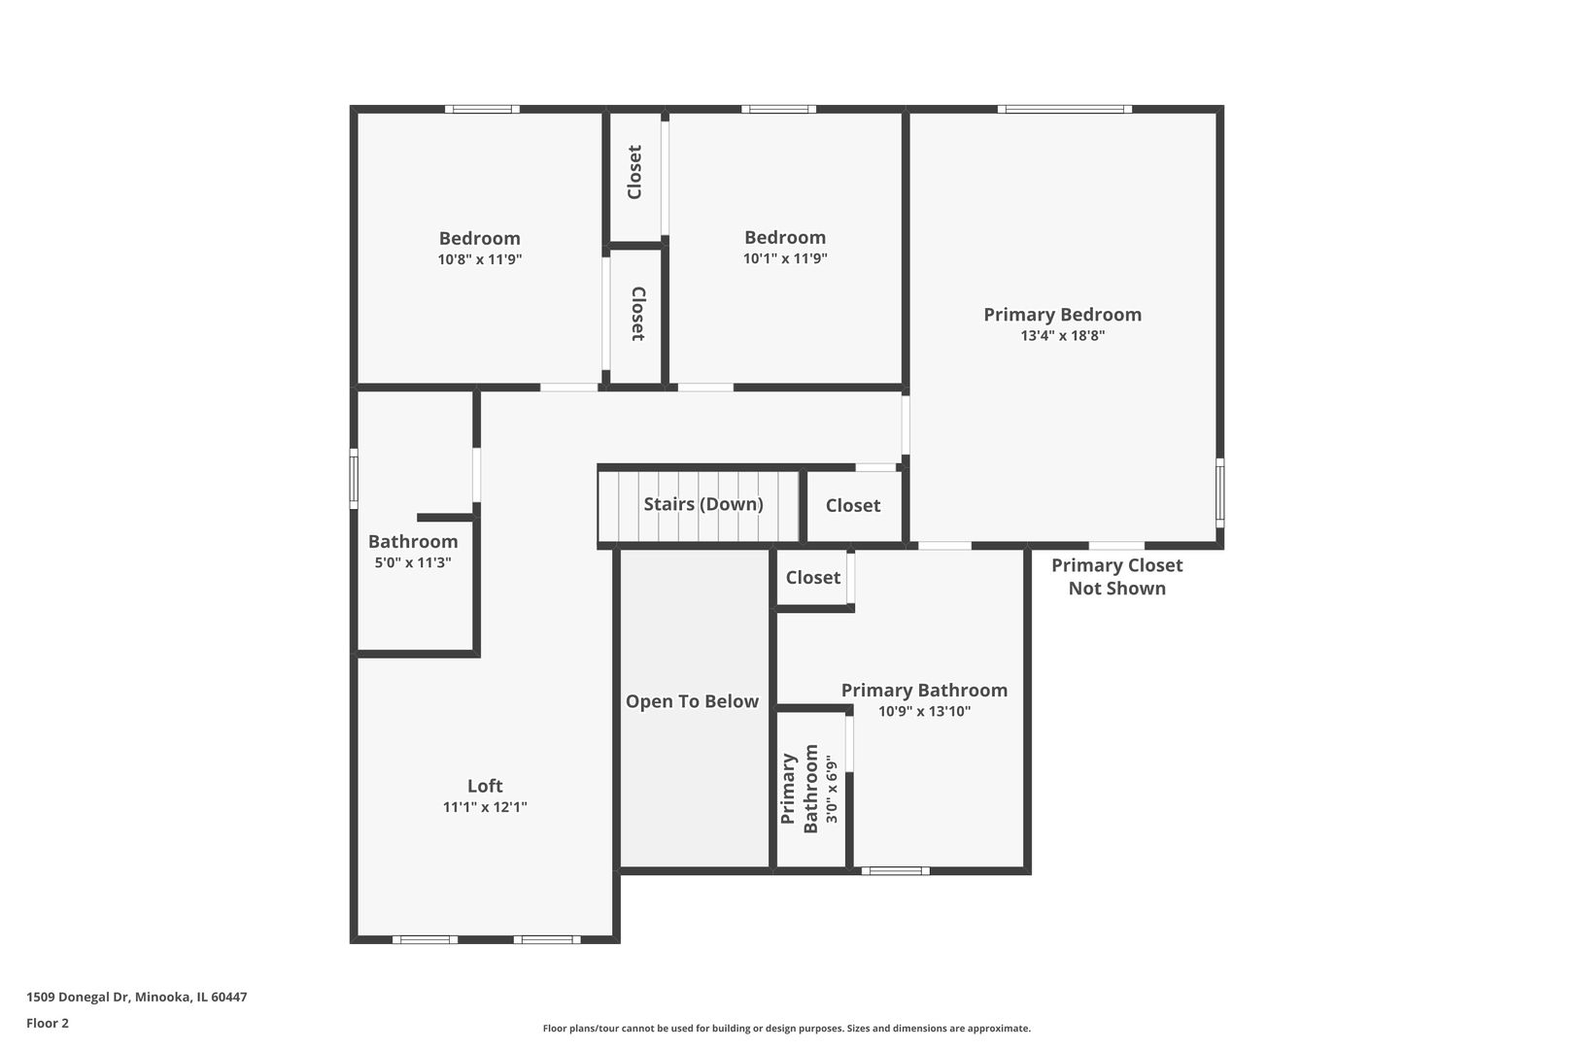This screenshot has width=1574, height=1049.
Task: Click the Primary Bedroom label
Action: coord(1062,315)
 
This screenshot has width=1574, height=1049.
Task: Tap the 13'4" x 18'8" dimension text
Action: coord(1062,336)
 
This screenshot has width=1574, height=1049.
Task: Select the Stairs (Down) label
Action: coord(702,504)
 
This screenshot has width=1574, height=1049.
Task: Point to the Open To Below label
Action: coord(692,701)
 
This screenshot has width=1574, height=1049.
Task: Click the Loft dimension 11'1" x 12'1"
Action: coord(485,807)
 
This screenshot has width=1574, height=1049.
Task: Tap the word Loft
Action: coord(485,786)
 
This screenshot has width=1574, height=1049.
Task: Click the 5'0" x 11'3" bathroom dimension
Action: coord(413,562)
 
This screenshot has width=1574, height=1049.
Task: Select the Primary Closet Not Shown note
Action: coord(1116,577)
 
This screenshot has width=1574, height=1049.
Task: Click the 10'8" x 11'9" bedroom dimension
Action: coord(480,259)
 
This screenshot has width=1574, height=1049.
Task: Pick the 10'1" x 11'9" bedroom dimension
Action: coord(785,258)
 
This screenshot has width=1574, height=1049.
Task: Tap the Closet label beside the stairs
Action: coord(853,505)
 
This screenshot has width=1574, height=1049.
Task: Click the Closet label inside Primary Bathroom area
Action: coord(812,578)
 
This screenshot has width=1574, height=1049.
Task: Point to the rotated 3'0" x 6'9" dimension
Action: coord(832,790)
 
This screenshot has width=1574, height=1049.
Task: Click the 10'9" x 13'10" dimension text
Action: coord(924,711)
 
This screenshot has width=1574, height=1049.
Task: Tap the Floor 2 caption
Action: coord(48,1023)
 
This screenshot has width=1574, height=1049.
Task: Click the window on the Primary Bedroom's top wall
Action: coord(1064,109)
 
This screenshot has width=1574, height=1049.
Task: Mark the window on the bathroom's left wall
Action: coord(354,478)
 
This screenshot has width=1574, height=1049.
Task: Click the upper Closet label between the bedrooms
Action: coord(634,173)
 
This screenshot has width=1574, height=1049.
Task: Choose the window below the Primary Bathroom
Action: coord(895,871)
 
